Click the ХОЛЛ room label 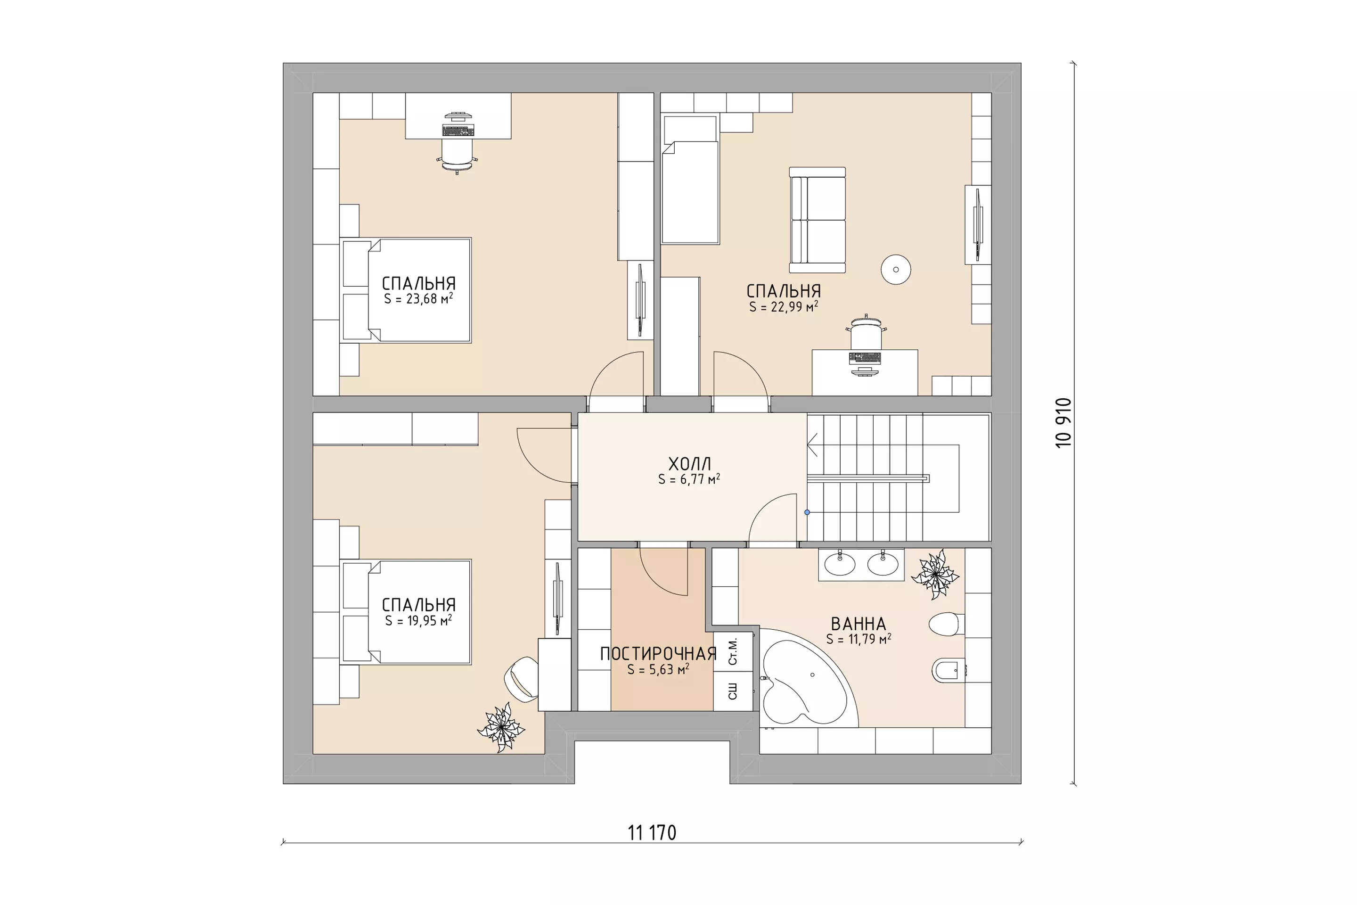click(x=689, y=463)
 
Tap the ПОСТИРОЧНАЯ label click(x=658, y=654)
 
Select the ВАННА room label click(x=858, y=624)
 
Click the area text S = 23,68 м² click(x=418, y=298)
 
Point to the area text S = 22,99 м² click(x=784, y=306)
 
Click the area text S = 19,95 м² click(x=418, y=620)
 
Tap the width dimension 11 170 click(x=652, y=833)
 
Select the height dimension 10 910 click(x=1063, y=423)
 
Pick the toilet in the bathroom click(x=946, y=625)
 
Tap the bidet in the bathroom click(x=948, y=671)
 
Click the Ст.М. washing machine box click(x=733, y=651)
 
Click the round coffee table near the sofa click(x=896, y=270)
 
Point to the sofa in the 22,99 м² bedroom click(x=817, y=220)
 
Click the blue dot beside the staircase click(x=807, y=512)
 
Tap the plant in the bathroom click(x=935, y=574)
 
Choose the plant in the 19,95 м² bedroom click(x=501, y=727)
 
